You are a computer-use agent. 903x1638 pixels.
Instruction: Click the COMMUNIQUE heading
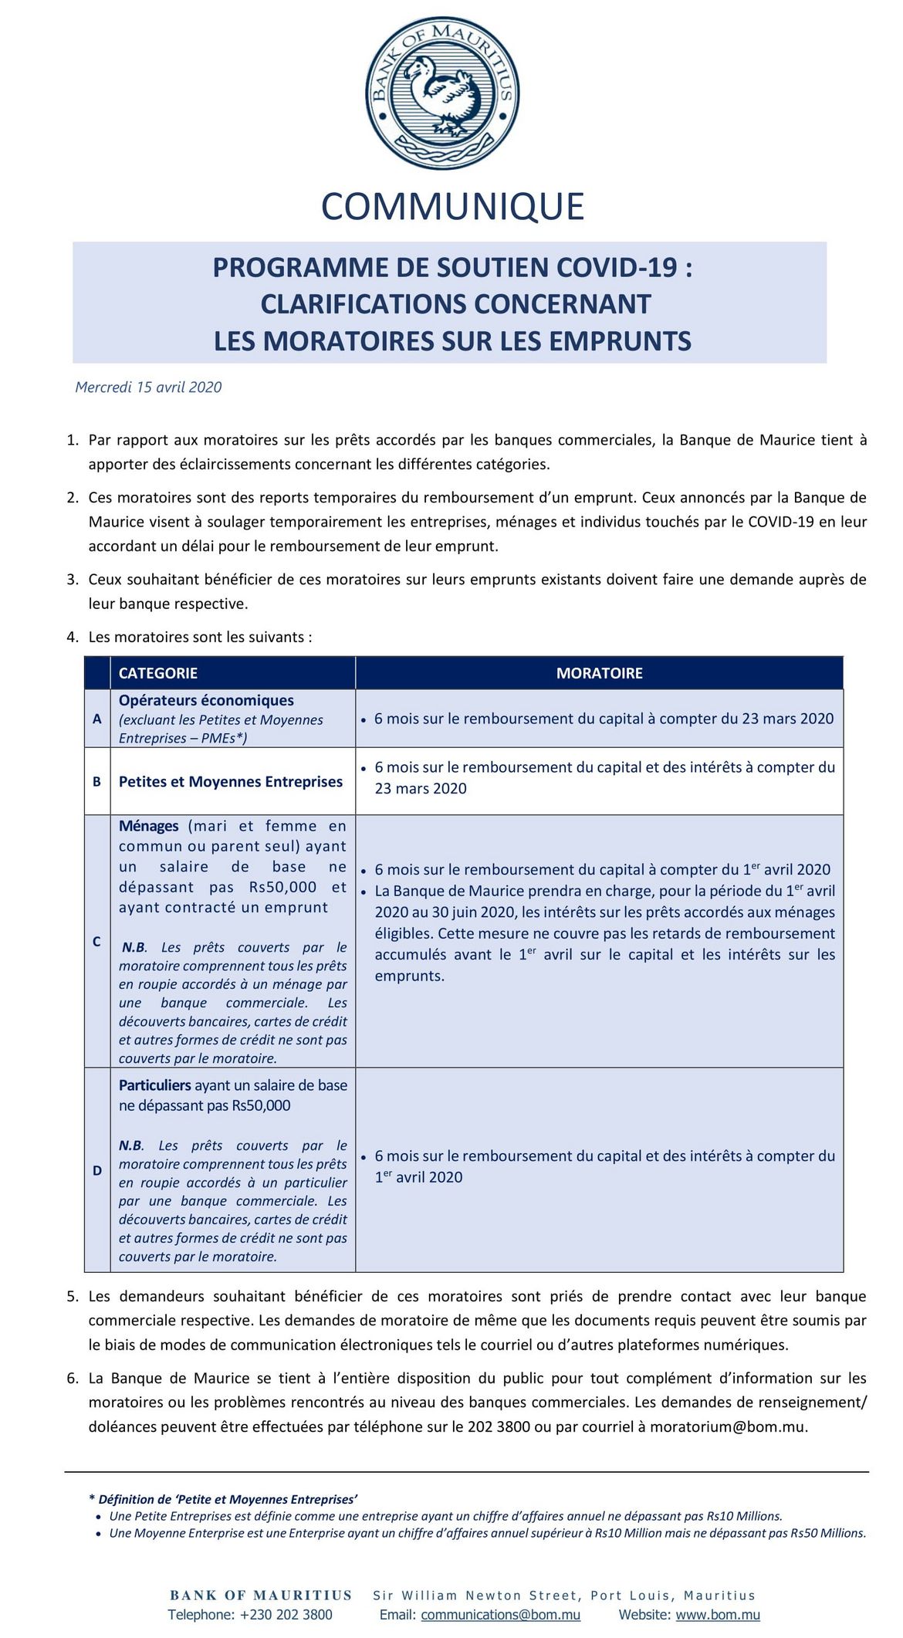[452, 207]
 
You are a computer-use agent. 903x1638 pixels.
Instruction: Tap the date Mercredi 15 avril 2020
[148, 388]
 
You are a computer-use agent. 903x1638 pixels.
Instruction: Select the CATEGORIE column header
[158, 673]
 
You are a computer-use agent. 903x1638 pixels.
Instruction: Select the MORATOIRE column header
[599, 673]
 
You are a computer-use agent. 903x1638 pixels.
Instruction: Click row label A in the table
[97, 719]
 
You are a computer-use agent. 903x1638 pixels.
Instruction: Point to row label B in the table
[97, 782]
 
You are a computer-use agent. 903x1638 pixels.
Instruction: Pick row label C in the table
[97, 941]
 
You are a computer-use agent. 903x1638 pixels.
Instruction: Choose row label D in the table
[97, 1170]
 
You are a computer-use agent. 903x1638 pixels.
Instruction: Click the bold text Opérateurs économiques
[206, 700]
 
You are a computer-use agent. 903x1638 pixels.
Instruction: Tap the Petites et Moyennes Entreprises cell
[231, 782]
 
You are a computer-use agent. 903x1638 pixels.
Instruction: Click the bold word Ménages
[149, 826]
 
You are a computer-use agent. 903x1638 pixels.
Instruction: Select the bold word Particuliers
[155, 1085]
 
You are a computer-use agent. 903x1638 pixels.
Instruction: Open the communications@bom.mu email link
[501, 1614]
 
